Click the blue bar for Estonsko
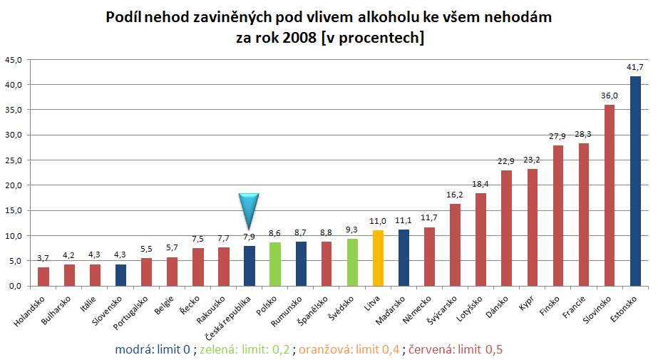[635, 181]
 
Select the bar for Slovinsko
[610, 195]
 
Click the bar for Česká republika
[250, 266]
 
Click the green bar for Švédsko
[352, 262]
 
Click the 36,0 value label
[610, 96]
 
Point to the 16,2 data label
[455, 194]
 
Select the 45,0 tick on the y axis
[14, 59]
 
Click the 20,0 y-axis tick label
[14, 185]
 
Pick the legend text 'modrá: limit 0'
[154, 350]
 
